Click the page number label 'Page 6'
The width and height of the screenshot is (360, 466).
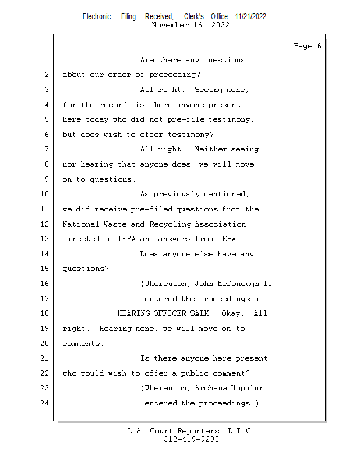click(307, 46)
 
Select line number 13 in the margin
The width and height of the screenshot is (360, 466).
click(45, 239)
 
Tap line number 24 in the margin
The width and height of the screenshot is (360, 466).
click(45, 403)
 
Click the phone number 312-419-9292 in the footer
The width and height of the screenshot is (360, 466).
click(191, 440)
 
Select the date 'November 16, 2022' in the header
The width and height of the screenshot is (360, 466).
click(190, 25)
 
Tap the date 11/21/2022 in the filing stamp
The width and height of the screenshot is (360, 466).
click(250, 16)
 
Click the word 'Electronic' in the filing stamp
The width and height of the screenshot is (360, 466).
click(97, 16)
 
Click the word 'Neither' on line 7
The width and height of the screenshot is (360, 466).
click(211, 150)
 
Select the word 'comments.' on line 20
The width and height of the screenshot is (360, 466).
click(83, 344)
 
